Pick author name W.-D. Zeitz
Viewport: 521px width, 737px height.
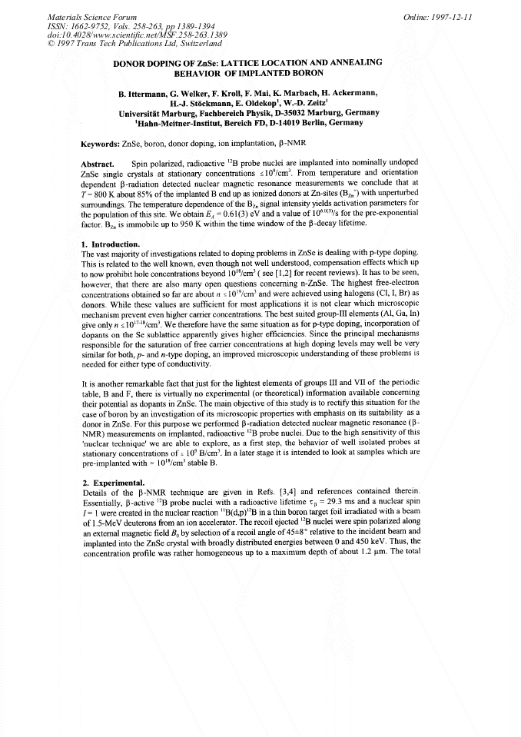coord(306,103)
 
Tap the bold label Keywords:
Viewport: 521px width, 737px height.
coord(100,144)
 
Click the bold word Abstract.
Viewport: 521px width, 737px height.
coord(98,164)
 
